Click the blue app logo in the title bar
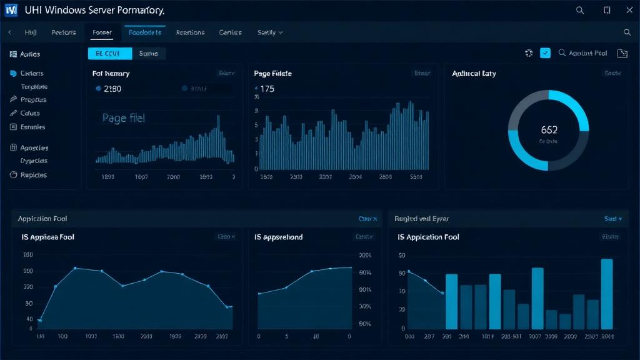point(11,11)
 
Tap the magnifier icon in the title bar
point(580,10)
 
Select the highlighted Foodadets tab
point(144,32)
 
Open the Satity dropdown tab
point(270,32)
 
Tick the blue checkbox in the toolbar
point(545,54)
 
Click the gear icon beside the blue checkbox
point(529,54)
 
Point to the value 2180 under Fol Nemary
point(112,89)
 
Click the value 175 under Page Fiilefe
point(267,89)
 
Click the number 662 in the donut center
point(549,130)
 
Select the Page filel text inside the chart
point(123,117)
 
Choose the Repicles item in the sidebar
point(33,175)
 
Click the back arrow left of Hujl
point(9,32)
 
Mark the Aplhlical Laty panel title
point(474,74)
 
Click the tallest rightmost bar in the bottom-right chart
point(606,294)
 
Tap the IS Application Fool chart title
point(428,237)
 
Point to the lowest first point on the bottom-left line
point(40,320)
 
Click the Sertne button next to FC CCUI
point(148,54)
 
